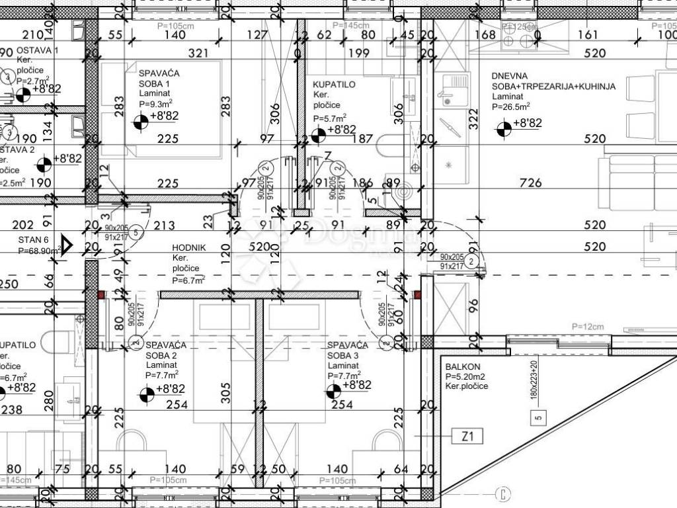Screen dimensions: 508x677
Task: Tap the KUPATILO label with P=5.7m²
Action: (334, 85)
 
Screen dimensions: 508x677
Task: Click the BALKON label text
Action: (463, 366)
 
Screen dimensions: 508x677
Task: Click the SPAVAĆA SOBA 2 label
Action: (165, 350)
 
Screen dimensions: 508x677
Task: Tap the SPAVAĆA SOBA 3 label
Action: (347, 350)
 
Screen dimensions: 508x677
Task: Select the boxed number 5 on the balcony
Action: (539, 417)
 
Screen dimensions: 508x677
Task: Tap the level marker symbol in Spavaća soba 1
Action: (140, 122)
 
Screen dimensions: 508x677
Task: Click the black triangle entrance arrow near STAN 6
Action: (66, 243)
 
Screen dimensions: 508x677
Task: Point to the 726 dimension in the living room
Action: (530, 183)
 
